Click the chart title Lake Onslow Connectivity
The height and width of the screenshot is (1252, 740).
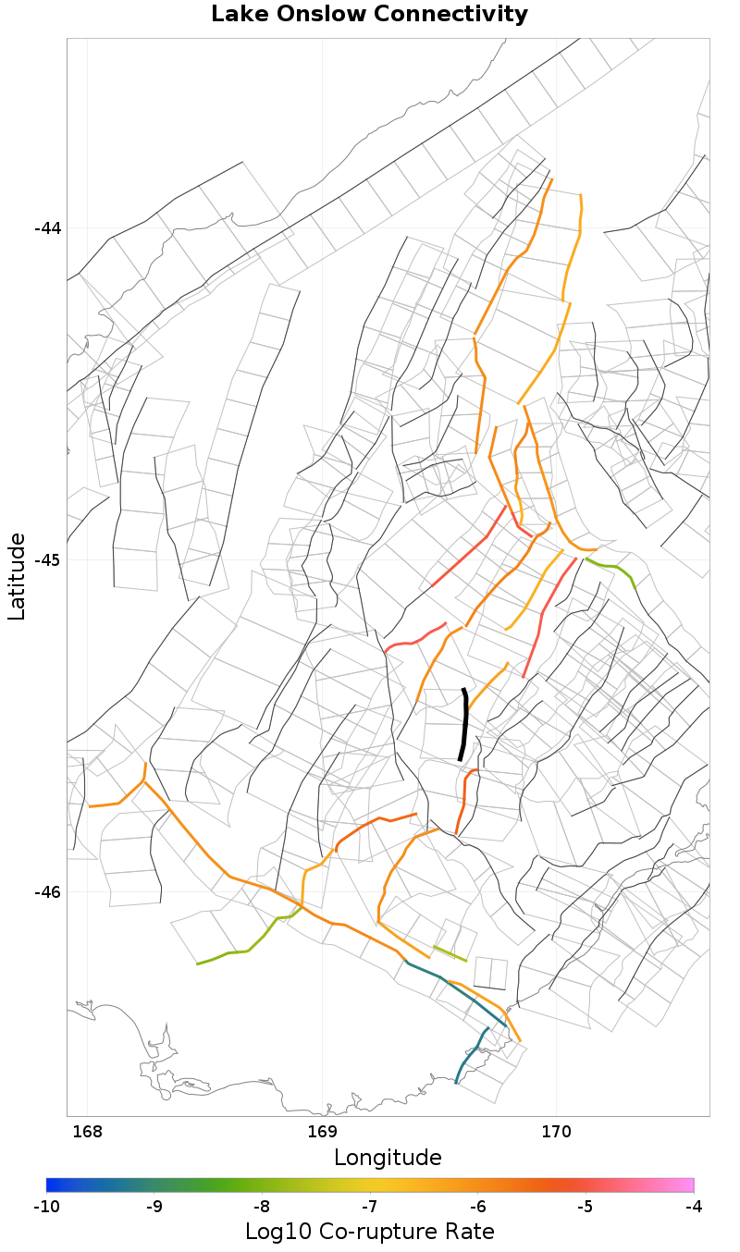coord(369,15)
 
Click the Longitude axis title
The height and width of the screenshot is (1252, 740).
coord(388,1158)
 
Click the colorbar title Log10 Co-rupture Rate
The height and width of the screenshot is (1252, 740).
coord(369,1232)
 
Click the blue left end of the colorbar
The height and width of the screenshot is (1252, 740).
coord(52,1184)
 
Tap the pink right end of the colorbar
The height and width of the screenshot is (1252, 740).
coord(688,1184)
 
